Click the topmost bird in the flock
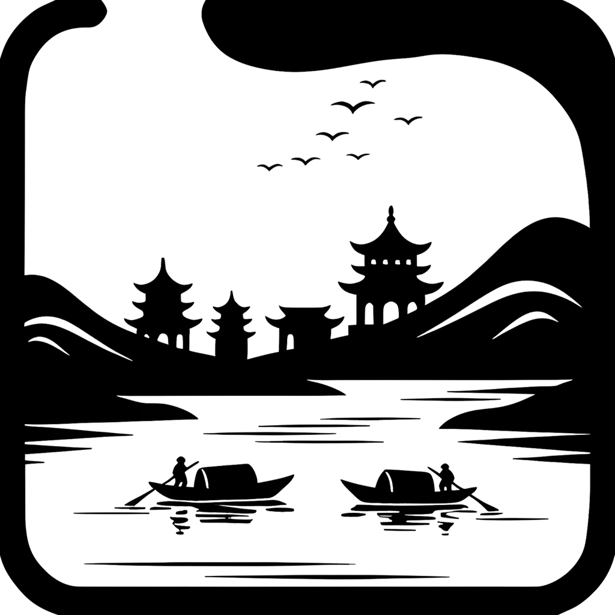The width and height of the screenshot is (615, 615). point(372,83)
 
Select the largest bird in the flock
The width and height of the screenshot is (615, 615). point(353,107)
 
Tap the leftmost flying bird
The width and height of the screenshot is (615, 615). point(270,166)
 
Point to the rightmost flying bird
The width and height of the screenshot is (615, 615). point(408,120)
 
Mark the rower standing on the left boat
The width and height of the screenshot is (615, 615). point(180,472)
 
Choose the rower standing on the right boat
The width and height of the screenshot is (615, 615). point(446,477)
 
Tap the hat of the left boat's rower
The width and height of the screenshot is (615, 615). point(180,459)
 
